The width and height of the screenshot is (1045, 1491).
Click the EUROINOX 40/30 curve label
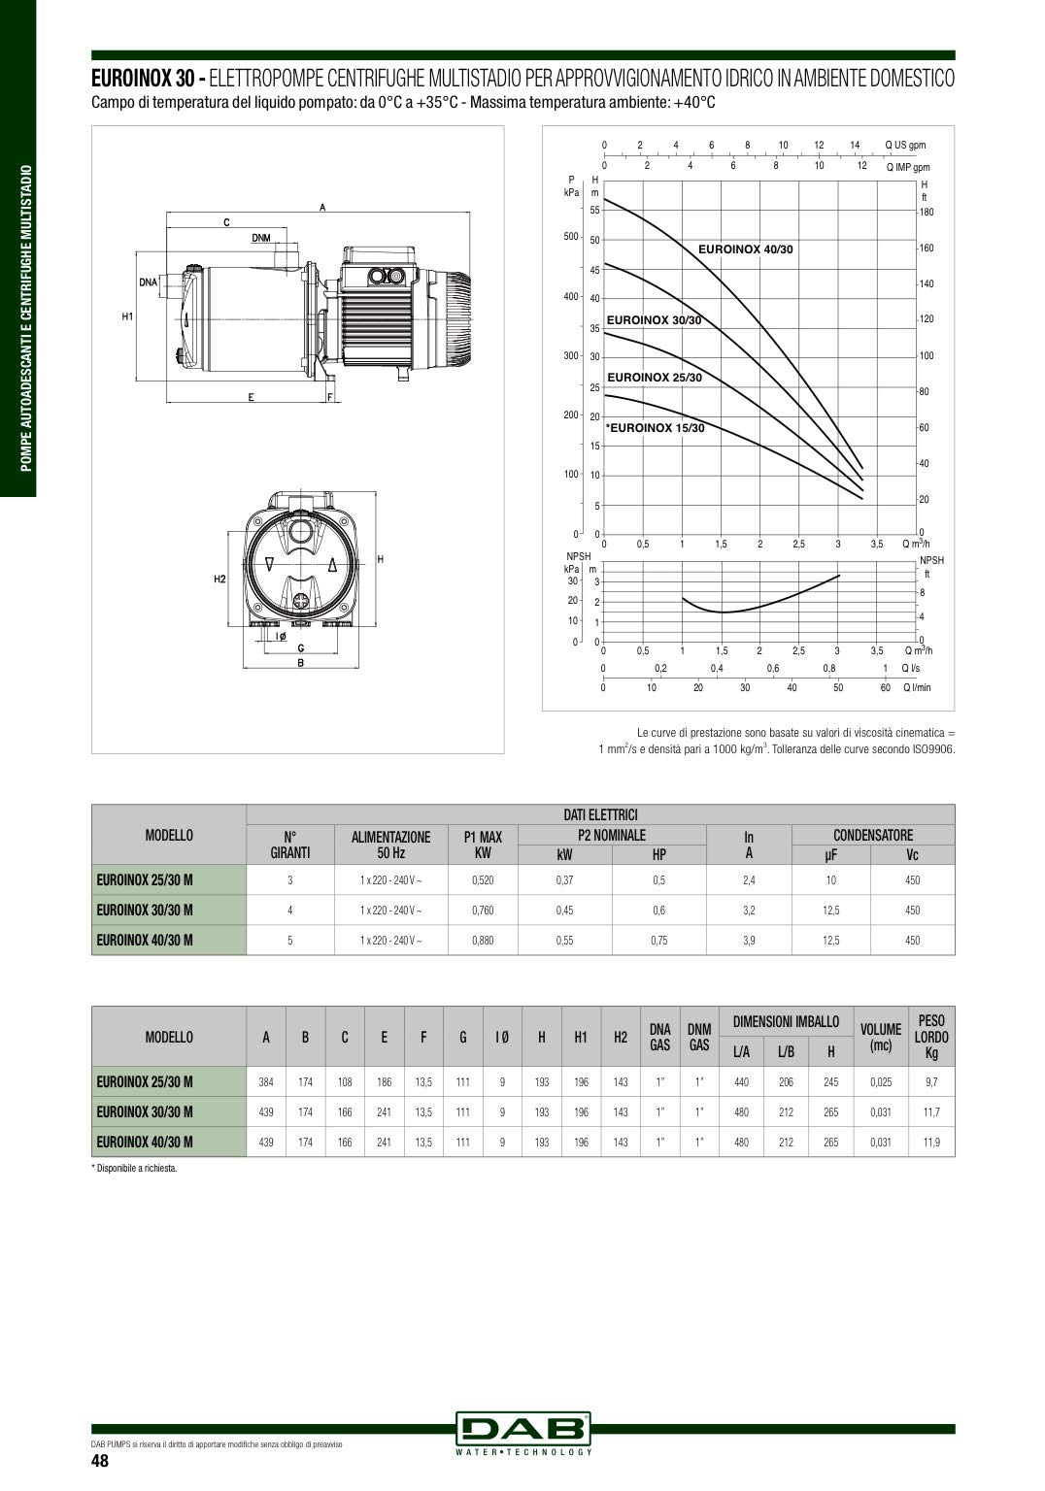tap(745, 249)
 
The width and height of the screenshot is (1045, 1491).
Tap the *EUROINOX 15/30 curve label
tap(655, 428)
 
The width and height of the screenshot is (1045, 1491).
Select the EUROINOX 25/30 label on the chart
tap(654, 378)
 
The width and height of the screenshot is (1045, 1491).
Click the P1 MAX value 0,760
tap(483, 910)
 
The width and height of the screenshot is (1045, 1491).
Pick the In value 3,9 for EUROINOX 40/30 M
tap(749, 940)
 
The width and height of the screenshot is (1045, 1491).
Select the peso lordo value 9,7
tap(931, 1082)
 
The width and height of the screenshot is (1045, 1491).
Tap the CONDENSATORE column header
tap(873, 835)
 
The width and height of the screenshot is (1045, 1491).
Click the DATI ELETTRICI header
tap(600, 814)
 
